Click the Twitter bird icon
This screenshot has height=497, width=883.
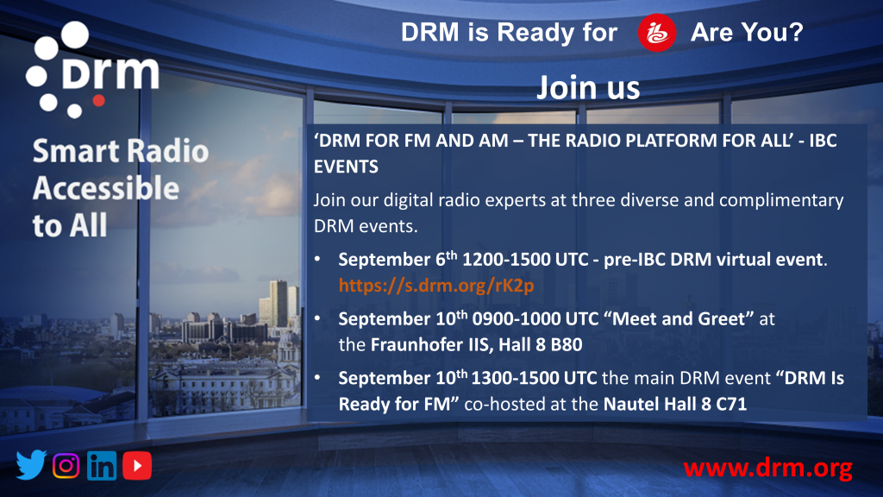(x=31, y=465)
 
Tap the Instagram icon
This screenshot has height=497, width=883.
(x=66, y=465)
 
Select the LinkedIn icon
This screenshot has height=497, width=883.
(x=102, y=465)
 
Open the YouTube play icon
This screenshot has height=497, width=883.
(x=137, y=465)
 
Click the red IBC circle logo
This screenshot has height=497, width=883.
(x=656, y=33)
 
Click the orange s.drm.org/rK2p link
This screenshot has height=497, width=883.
(x=435, y=286)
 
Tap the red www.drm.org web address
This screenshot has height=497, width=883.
(x=768, y=468)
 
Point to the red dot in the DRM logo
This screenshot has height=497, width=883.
(x=98, y=101)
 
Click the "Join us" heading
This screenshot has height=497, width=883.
(x=588, y=87)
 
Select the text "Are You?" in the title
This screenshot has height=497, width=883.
(x=747, y=32)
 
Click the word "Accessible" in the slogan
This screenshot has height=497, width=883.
(x=106, y=188)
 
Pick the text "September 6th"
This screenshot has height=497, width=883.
(x=398, y=259)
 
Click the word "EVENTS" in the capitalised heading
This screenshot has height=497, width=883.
(x=346, y=167)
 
